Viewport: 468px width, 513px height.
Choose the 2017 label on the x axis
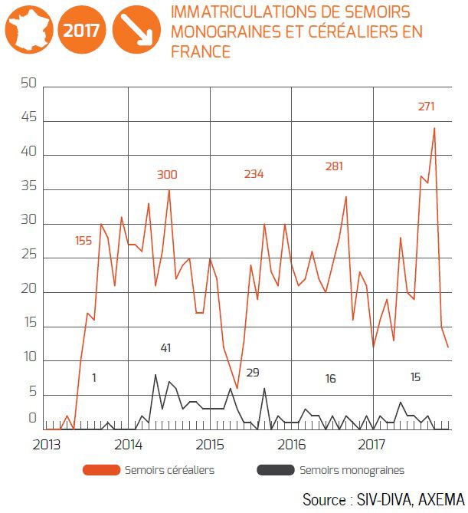pyautogui.click(x=372, y=444)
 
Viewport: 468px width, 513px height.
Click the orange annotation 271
pyautogui.click(x=427, y=107)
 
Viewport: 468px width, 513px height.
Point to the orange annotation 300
pyautogui.click(x=166, y=175)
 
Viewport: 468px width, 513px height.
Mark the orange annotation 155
pyautogui.click(x=84, y=241)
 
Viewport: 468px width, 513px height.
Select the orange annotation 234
pyautogui.click(x=254, y=174)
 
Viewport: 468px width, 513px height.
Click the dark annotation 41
pyautogui.click(x=165, y=348)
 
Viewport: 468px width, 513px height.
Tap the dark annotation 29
pyautogui.click(x=253, y=373)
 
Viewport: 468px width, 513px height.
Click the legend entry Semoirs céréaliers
pyautogui.click(x=169, y=470)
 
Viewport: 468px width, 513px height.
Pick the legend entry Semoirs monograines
pyautogui.click(x=352, y=470)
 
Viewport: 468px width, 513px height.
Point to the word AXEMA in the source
pyautogui.click(x=437, y=500)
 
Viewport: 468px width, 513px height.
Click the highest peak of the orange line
pyautogui.click(x=434, y=128)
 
